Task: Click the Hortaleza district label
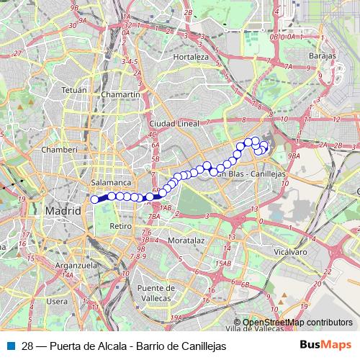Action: tap(191, 57)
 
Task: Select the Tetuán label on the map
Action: tap(73, 91)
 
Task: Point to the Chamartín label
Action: tap(120, 94)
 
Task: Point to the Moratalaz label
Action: tap(186, 240)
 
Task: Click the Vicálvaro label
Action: tap(290, 253)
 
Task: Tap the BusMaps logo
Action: tap(326, 345)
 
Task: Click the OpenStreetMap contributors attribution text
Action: tap(297, 323)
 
